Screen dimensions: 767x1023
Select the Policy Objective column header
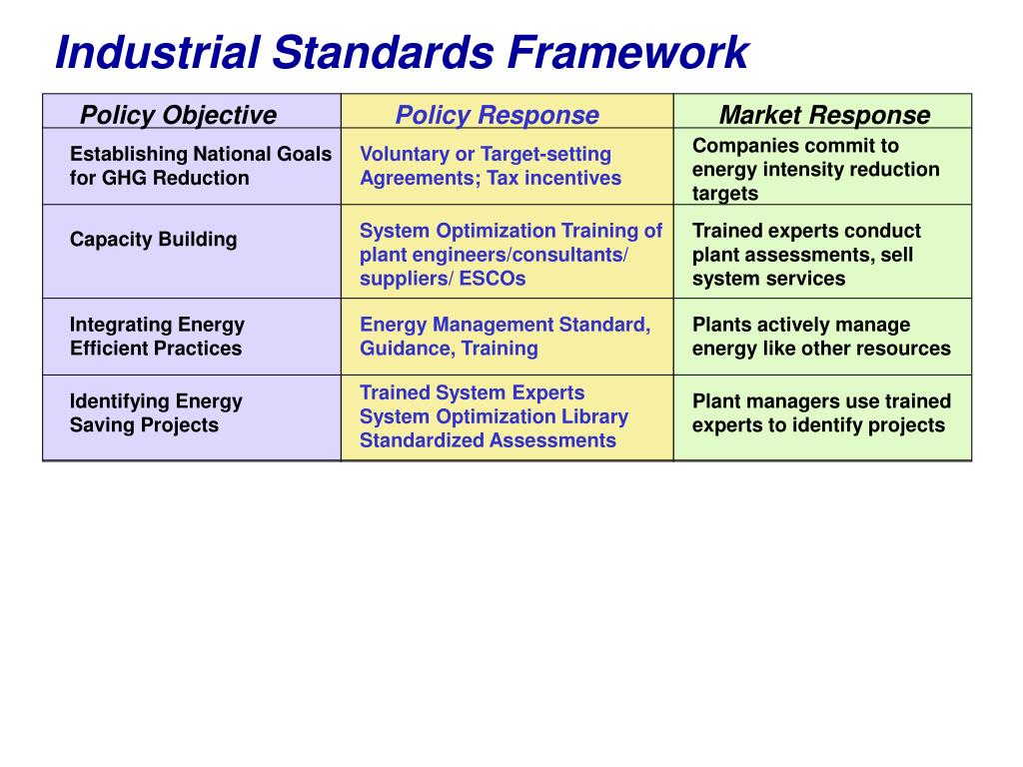[x=178, y=115]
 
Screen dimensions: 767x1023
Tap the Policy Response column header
[x=497, y=115]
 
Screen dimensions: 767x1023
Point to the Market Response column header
[x=824, y=115]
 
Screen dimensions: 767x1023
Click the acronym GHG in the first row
[x=124, y=178]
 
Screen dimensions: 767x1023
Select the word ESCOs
[x=492, y=279]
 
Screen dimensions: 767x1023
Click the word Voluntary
[x=405, y=154]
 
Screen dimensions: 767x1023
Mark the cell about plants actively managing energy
[x=821, y=337]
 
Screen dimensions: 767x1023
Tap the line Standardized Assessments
[x=488, y=440]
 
